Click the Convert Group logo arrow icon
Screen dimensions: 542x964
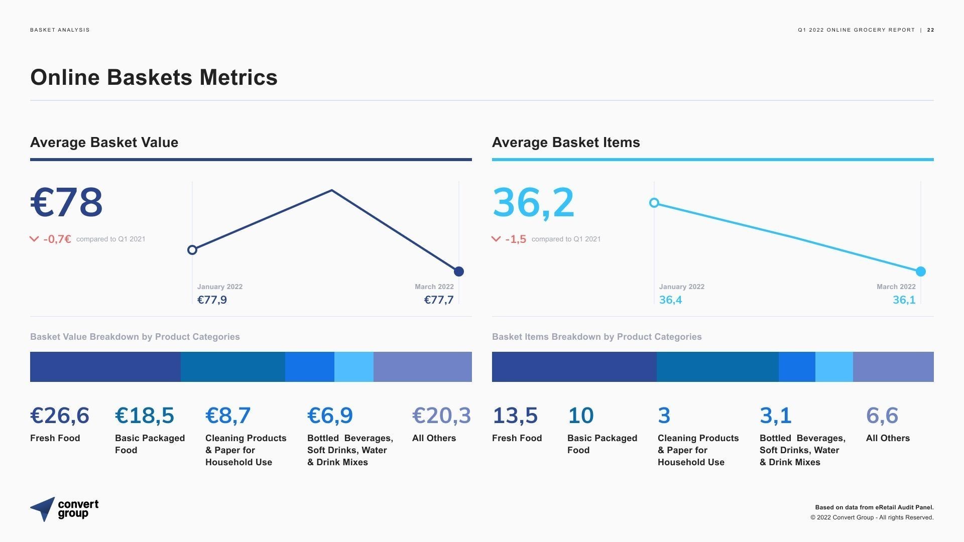pos(43,508)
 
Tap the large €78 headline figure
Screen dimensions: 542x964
pos(67,202)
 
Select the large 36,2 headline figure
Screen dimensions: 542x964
pos(533,202)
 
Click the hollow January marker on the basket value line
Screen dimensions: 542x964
pos(192,250)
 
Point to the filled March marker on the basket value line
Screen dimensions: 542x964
pos(458,272)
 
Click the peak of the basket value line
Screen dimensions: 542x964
pos(331,191)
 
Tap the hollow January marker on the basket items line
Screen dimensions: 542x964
pos(654,203)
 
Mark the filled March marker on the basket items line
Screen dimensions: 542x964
pos(920,272)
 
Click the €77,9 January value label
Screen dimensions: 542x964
pos(212,300)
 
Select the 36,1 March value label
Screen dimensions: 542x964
pos(904,300)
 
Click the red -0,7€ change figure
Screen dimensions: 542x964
pos(57,239)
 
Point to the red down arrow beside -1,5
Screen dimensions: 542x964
pos(496,239)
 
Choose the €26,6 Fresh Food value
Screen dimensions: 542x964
pos(60,416)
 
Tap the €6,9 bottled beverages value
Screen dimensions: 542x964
pos(330,416)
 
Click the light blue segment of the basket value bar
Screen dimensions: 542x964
pos(353,367)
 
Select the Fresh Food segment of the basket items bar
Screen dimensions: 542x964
pos(574,367)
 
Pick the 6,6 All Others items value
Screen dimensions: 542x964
pos(882,416)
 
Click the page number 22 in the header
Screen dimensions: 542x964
pos(930,30)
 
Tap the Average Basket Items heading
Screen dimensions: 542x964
pos(566,143)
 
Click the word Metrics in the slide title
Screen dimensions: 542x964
pos(238,78)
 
